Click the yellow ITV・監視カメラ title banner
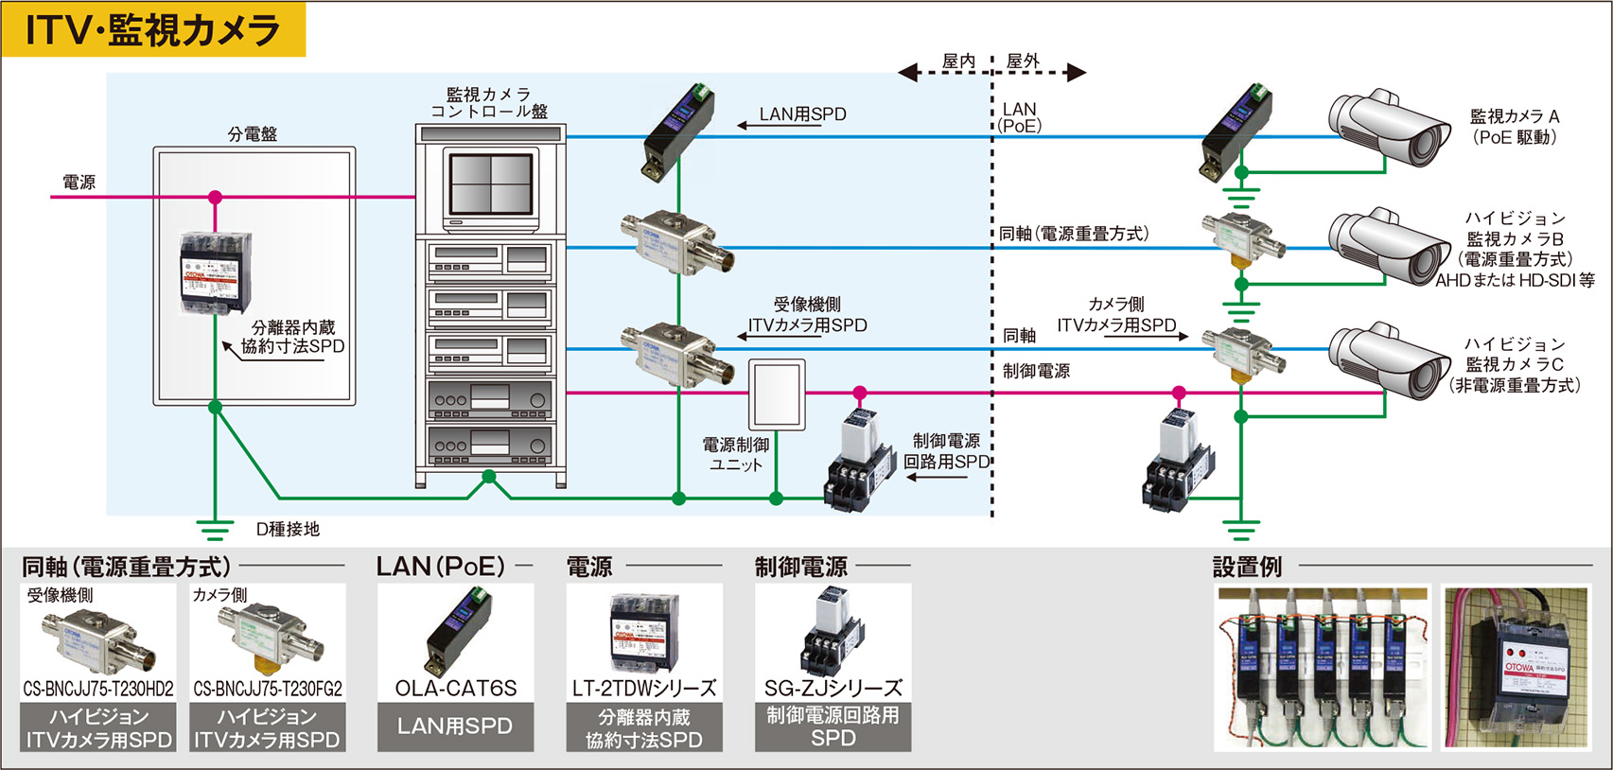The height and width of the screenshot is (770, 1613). (153, 29)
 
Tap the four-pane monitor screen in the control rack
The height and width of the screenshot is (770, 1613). (491, 184)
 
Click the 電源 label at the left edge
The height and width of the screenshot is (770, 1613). (79, 183)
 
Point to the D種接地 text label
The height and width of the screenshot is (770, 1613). (288, 530)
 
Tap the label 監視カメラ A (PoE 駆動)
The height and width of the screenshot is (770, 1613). (1514, 127)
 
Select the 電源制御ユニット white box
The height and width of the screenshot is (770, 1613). (777, 395)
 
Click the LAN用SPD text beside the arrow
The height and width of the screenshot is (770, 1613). (802, 114)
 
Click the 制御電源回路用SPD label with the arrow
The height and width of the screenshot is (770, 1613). (945, 451)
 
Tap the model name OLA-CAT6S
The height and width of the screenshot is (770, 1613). (455, 689)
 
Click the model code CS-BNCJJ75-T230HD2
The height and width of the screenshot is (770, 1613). (98, 689)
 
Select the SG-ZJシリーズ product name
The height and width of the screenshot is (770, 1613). (833, 689)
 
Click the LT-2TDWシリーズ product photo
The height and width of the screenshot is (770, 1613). (644, 630)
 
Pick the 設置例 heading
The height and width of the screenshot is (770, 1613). (1247, 568)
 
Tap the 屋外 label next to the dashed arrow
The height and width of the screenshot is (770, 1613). (1023, 61)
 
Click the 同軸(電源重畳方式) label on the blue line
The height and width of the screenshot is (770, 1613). (1074, 234)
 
